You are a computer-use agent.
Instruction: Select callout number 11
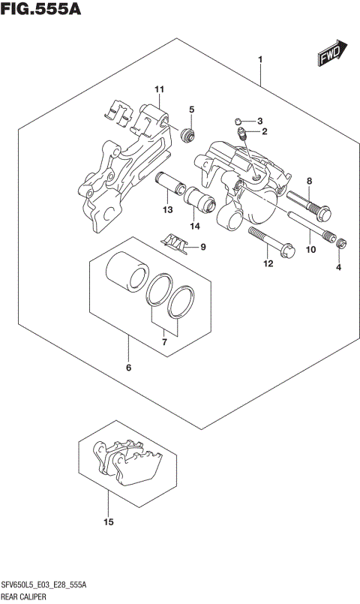158,91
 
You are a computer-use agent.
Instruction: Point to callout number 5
191,110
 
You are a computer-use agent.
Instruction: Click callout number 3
259,121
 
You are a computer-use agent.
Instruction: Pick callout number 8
307,181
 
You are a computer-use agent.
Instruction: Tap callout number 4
338,267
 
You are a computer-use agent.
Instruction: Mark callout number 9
202,247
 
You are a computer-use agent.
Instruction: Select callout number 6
128,368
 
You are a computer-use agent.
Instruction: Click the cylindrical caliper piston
124,272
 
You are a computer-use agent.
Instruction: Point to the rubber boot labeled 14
201,201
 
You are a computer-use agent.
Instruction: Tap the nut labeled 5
189,136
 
